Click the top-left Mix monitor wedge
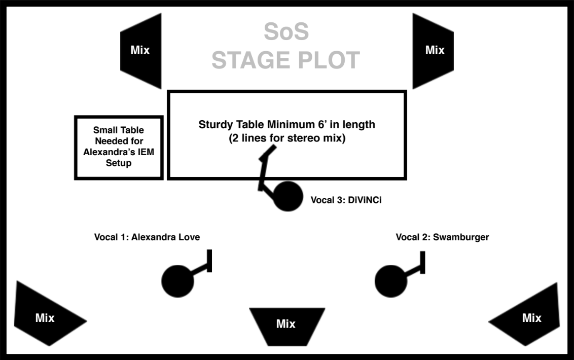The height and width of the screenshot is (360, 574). click(140, 50)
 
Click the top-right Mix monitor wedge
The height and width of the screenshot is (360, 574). click(434, 50)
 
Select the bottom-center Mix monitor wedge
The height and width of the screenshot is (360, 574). click(286, 323)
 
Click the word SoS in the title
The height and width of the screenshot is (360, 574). click(286, 32)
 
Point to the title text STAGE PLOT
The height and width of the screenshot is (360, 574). click(286, 60)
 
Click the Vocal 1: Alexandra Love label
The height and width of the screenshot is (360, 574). click(147, 237)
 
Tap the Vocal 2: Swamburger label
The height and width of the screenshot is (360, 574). click(442, 237)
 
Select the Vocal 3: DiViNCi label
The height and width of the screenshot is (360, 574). click(346, 200)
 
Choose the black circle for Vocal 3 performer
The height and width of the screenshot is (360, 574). click(288, 196)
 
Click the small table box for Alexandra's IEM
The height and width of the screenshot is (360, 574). click(119, 148)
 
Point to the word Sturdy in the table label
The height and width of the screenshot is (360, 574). click(215, 124)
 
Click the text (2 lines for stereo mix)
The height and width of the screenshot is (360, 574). click(287, 138)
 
